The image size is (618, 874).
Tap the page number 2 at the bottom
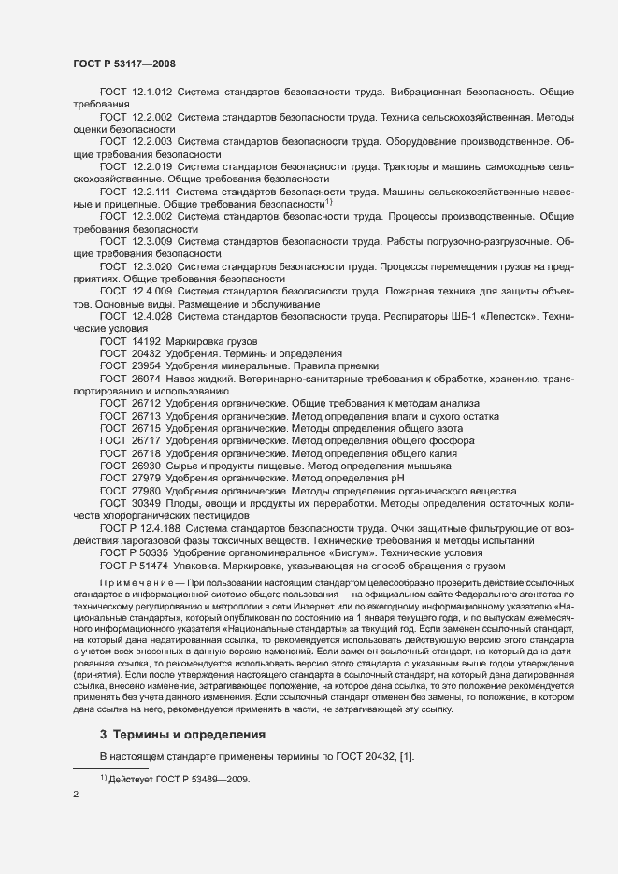point(76,795)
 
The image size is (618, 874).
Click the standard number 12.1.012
point(151,92)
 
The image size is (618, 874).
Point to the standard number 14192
point(144,342)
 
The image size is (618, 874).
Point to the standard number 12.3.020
point(151,266)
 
